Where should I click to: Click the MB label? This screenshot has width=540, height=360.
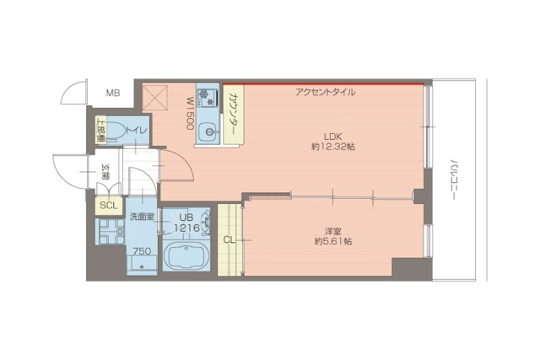(x=112, y=93)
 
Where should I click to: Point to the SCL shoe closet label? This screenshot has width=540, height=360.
(x=108, y=205)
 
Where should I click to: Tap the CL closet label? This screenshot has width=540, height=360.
(x=229, y=239)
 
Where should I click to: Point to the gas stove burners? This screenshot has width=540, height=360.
(x=207, y=97)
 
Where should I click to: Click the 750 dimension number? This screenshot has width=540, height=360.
(x=142, y=251)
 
